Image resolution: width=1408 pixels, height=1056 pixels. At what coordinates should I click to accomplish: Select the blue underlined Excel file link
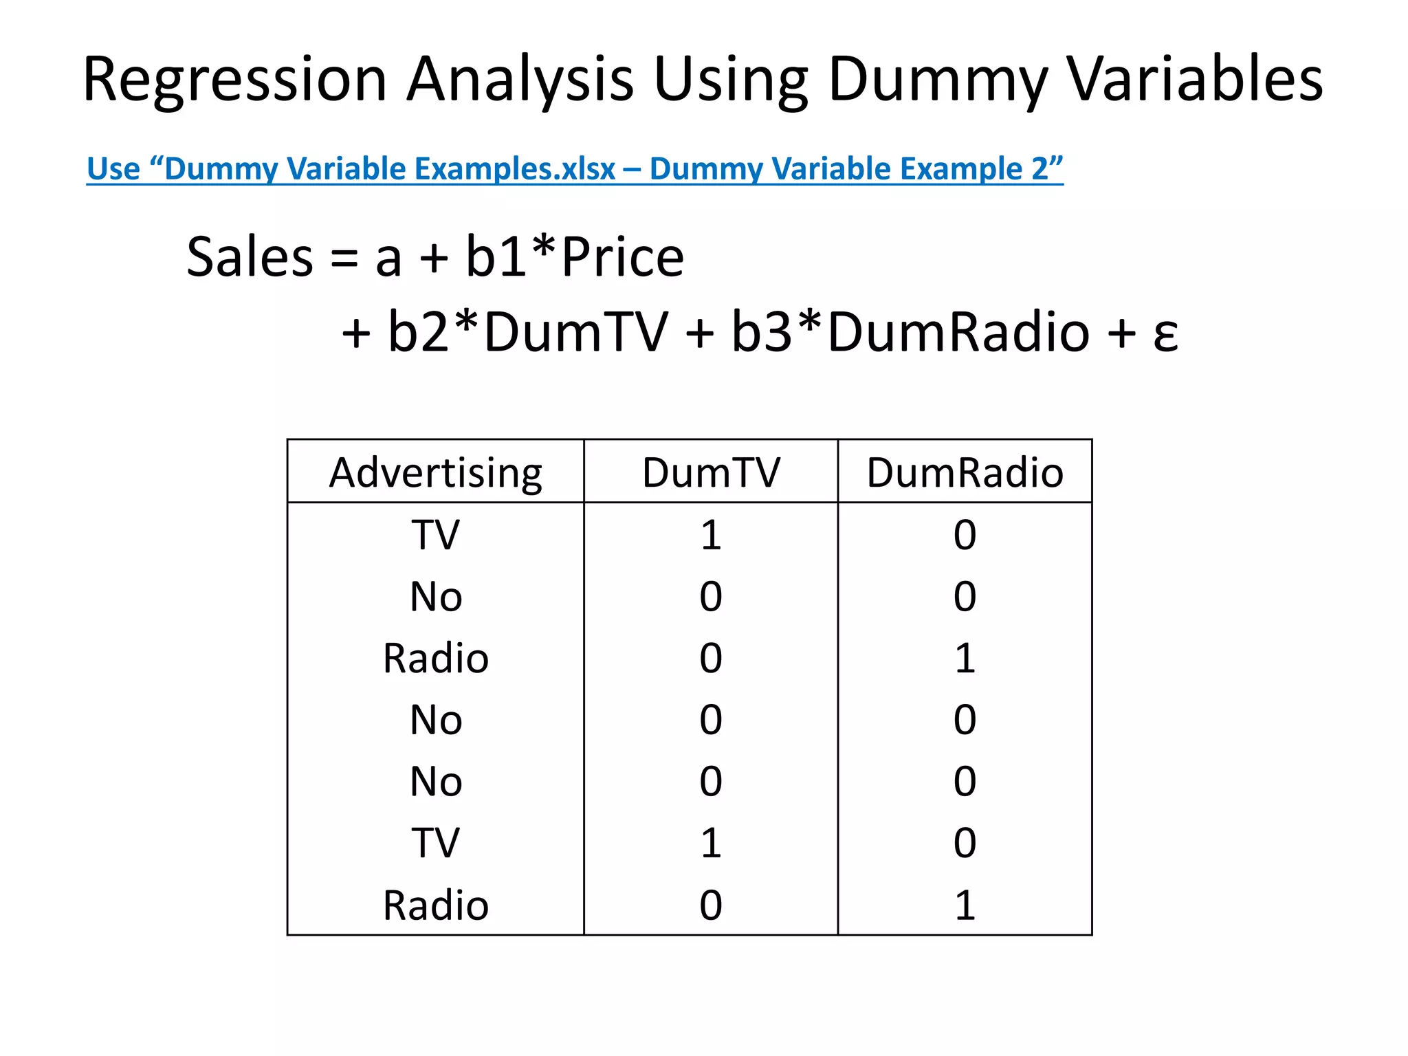[x=575, y=169]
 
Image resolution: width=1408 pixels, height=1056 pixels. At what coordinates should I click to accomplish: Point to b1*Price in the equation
[x=575, y=257]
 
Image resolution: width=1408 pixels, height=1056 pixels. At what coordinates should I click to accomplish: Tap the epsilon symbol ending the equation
[x=1165, y=335]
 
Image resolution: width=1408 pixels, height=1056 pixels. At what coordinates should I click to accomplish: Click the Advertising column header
[x=436, y=473]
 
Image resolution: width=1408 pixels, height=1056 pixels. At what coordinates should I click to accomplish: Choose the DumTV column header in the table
[x=711, y=473]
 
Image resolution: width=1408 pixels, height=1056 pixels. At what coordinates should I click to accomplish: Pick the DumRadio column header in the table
[x=965, y=473]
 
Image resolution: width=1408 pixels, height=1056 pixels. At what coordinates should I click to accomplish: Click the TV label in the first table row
[x=436, y=535]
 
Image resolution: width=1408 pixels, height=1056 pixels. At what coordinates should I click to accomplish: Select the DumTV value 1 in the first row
[x=711, y=535]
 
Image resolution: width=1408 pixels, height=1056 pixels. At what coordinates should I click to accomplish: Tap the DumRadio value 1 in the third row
[x=965, y=658]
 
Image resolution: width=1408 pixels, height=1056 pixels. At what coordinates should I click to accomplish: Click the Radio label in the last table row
[x=436, y=905]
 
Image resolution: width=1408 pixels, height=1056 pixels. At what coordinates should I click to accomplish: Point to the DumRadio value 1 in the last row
[x=965, y=905]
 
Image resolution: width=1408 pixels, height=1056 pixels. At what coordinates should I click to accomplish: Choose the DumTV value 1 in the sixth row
[x=711, y=843]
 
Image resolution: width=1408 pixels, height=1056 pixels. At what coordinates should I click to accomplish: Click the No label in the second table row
[x=436, y=596]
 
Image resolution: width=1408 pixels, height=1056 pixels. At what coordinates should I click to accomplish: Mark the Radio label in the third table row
[x=436, y=658]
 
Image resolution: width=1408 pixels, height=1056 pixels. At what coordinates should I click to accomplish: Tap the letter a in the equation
[x=388, y=260]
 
